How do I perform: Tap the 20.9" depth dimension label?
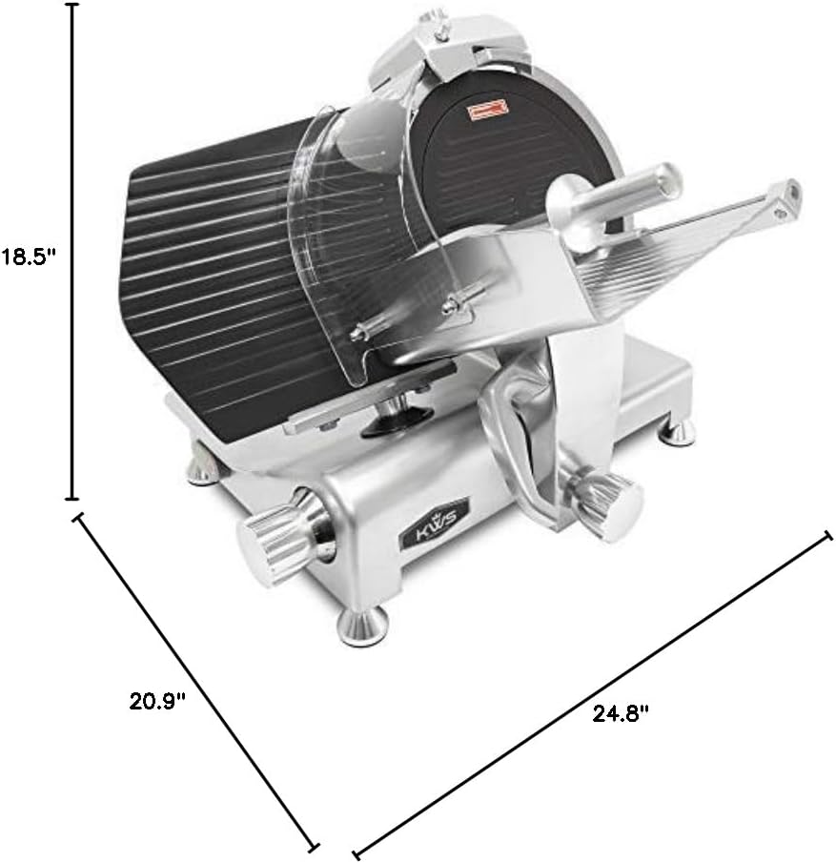coord(157,702)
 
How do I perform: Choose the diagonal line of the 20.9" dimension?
coord(195,679)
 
